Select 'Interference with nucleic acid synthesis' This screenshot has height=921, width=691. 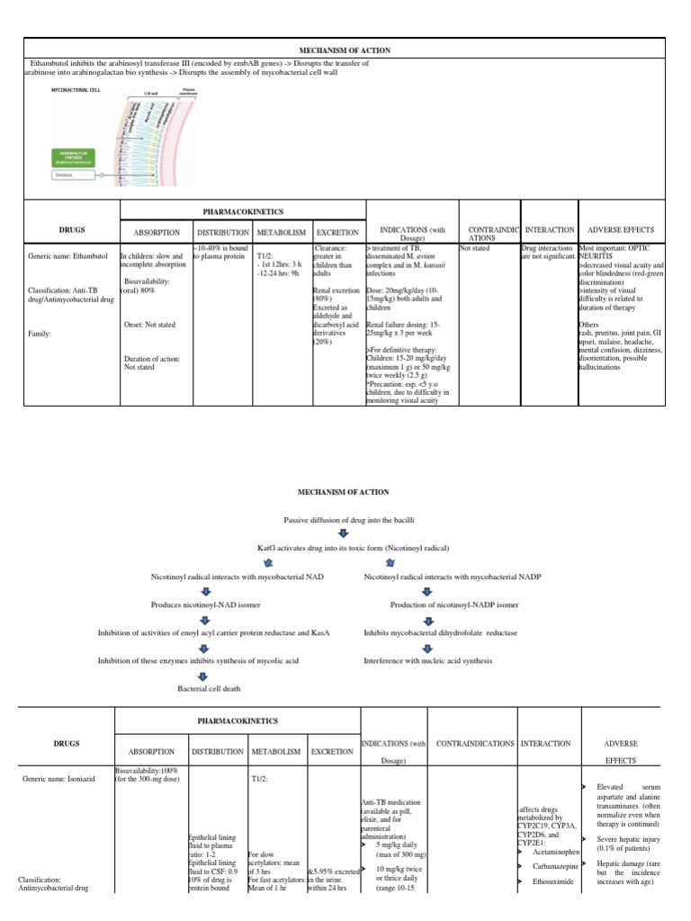click(428, 660)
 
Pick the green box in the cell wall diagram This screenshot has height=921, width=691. click(77, 158)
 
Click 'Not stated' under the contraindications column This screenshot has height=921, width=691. click(474, 247)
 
